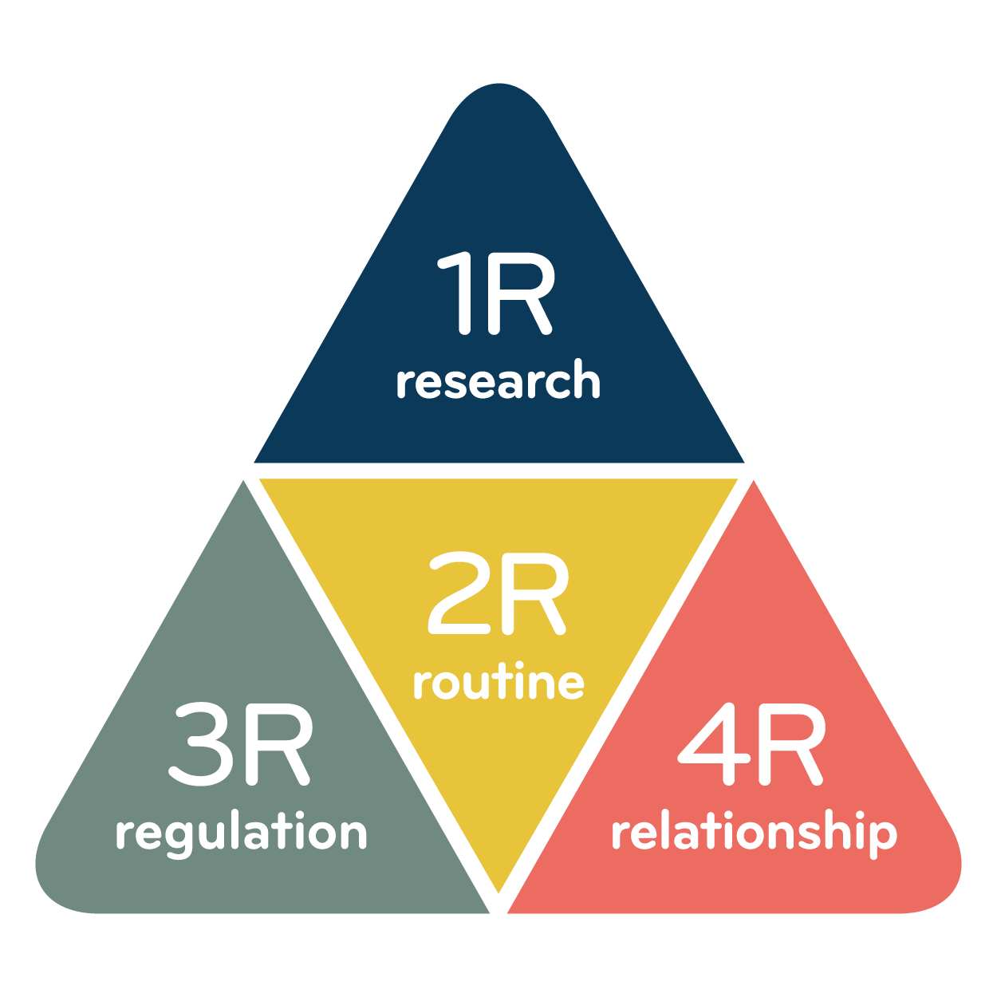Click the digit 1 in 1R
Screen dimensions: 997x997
459,293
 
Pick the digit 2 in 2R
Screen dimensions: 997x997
459,593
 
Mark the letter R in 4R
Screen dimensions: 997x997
791,744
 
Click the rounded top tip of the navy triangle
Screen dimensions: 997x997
498,85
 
